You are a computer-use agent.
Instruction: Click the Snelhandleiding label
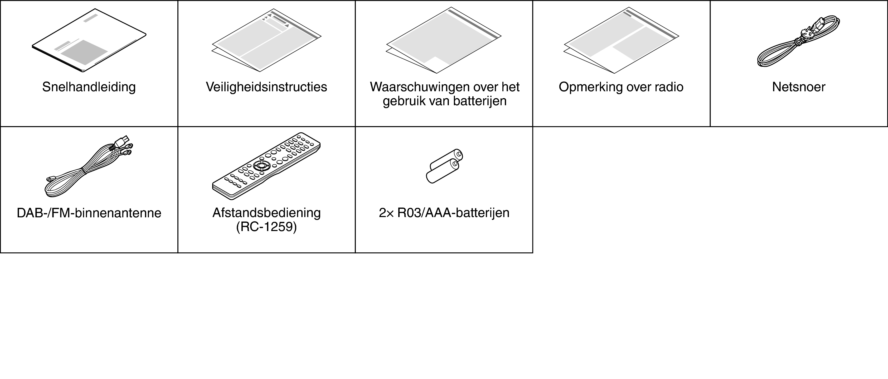pyautogui.click(x=89, y=87)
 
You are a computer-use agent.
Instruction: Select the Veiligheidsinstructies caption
pyautogui.click(x=266, y=87)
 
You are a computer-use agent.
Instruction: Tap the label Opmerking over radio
pyautogui.click(x=621, y=87)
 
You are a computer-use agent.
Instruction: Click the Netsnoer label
pyautogui.click(x=799, y=87)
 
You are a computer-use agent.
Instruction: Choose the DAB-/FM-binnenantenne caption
pyautogui.click(x=89, y=213)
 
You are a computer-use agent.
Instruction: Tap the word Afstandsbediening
pyautogui.click(x=266, y=213)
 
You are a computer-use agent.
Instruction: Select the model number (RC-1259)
pyautogui.click(x=266, y=227)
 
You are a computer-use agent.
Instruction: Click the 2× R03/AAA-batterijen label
pyautogui.click(x=444, y=213)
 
